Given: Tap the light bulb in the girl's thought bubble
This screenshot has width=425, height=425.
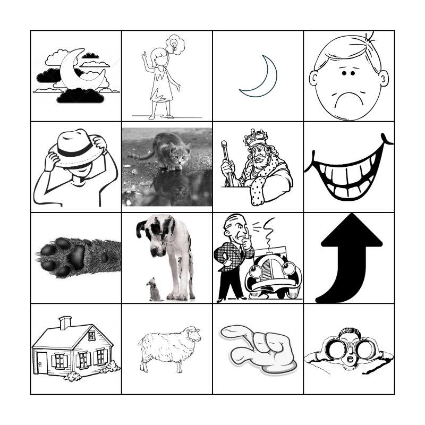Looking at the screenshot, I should click(x=173, y=42).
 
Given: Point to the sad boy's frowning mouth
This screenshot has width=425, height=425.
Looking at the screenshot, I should click(x=348, y=98).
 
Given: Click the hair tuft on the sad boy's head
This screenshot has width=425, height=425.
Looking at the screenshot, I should click(x=367, y=38).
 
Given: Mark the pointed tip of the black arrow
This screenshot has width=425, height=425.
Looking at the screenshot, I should click(x=351, y=218).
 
